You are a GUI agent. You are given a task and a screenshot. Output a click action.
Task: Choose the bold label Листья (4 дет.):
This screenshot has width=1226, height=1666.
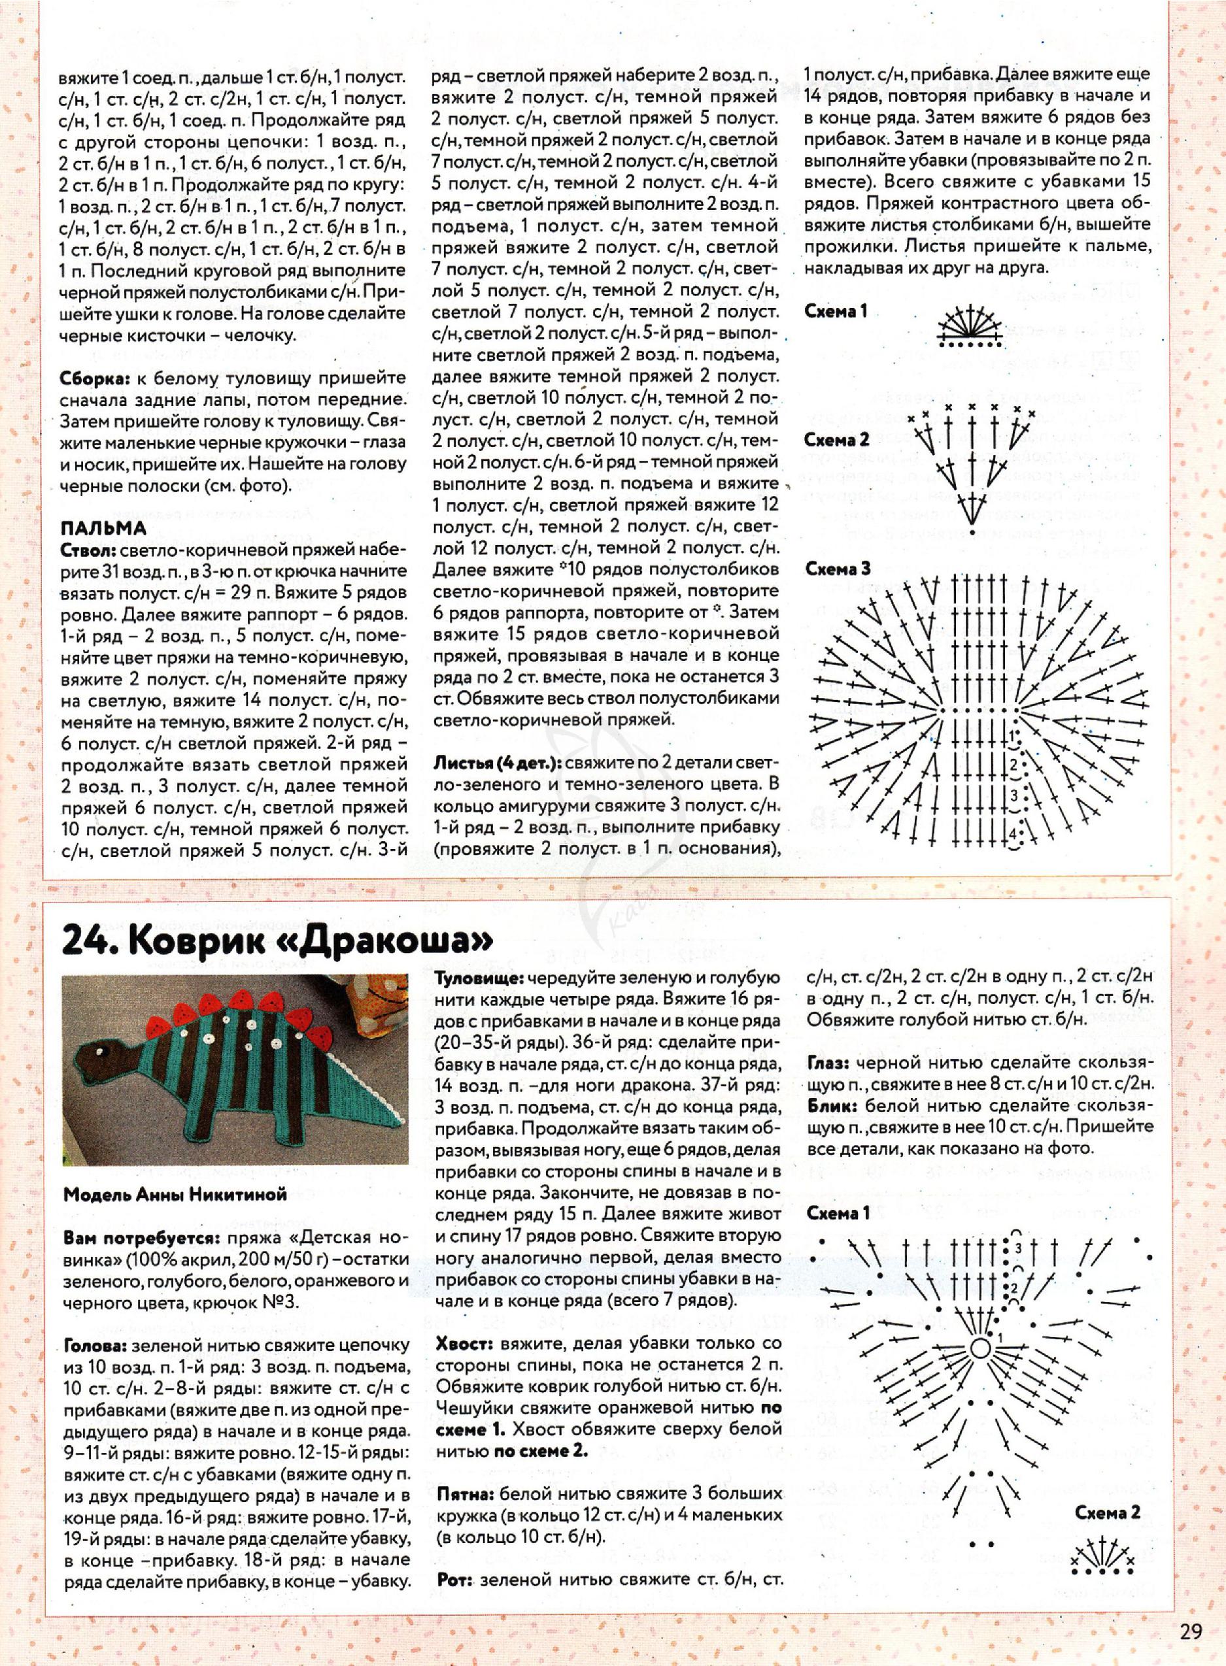click(497, 763)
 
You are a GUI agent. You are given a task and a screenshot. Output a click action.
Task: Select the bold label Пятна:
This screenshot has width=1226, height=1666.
click(466, 1472)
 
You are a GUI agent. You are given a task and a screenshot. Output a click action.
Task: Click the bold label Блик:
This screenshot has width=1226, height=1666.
click(830, 1106)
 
